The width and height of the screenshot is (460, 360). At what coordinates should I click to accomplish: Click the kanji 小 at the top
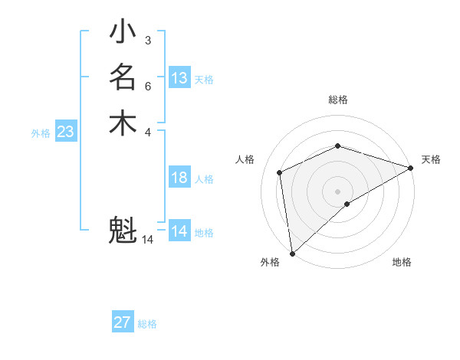[123, 34]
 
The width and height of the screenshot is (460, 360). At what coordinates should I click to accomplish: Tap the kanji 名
[123, 78]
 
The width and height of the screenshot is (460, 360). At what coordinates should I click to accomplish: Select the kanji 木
[123, 123]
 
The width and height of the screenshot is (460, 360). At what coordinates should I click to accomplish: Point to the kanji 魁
[123, 230]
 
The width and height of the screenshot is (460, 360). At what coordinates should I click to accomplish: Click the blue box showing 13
[179, 78]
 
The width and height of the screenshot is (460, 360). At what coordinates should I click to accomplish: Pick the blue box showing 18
[179, 178]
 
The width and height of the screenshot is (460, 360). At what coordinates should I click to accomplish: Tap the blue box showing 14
[179, 231]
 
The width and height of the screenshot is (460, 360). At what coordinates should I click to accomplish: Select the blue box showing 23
[66, 132]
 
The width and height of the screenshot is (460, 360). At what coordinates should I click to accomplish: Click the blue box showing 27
[123, 322]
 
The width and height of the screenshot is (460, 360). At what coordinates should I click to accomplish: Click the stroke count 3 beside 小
[147, 40]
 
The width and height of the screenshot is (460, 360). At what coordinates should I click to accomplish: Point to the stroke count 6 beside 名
[147, 86]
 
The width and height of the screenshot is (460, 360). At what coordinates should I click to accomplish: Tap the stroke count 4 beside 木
[147, 131]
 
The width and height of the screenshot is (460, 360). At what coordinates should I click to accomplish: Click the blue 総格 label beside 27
[148, 324]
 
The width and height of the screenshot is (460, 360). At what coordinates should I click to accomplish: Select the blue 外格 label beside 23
[41, 133]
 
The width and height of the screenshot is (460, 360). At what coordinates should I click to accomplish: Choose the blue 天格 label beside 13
[204, 80]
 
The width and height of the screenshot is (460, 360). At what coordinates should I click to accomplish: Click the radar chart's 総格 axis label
[338, 100]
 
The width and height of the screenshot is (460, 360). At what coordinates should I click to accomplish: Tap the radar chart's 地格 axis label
[402, 263]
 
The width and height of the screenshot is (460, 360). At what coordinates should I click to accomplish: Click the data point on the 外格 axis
[292, 254]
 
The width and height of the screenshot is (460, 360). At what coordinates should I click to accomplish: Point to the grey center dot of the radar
[338, 191]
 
